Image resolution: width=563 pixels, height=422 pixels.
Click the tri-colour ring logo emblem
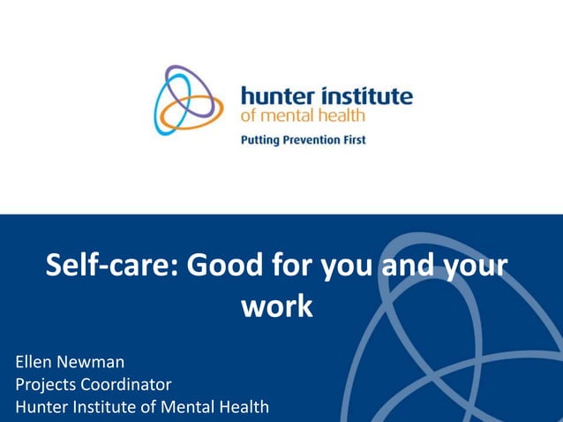188,101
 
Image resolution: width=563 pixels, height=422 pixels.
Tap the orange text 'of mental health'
303,115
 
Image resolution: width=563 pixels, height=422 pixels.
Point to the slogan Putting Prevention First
303,139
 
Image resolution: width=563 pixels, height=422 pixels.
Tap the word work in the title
277,306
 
